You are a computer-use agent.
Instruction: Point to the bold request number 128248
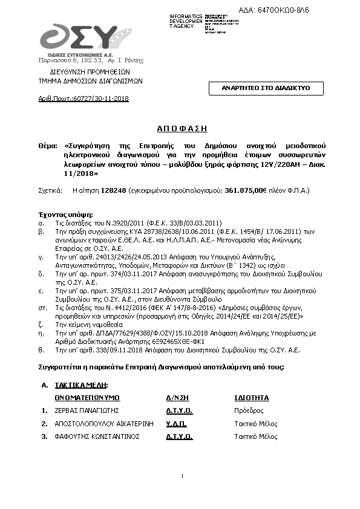click(113, 190)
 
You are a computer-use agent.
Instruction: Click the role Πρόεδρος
click(249, 410)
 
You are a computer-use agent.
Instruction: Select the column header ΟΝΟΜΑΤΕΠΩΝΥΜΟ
click(87, 398)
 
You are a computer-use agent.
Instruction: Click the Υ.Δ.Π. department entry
click(177, 424)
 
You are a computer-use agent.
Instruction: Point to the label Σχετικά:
click(50, 190)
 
